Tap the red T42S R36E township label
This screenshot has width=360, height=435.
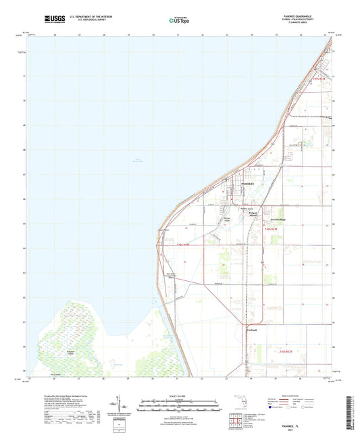point(186,245)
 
